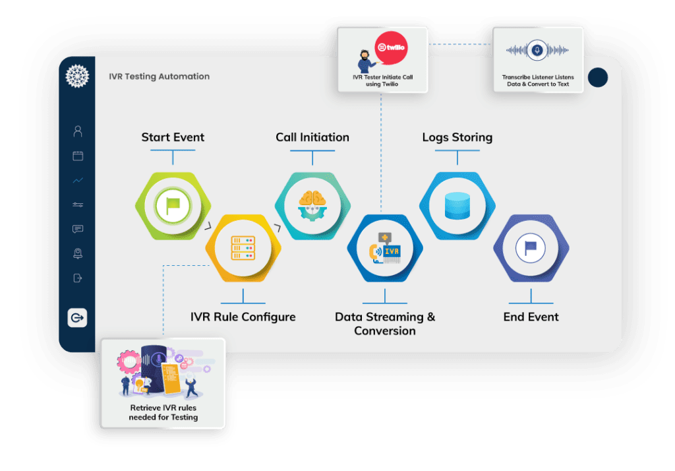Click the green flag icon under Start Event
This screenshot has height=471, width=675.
click(173, 206)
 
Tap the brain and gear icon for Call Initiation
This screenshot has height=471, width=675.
click(312, 206)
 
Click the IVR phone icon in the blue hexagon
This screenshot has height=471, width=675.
click(385, 249)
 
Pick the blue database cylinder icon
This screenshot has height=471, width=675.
click(457, 206)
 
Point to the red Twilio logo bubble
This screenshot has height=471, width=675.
click(390, 48)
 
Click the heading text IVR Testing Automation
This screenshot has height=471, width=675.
click(159, 77)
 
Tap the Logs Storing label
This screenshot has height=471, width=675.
click(457, 137)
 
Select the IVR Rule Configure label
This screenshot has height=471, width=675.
click(243, 317)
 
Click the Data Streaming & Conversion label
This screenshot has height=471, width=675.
click(385, 323)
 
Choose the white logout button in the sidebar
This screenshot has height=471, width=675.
click(77, 317)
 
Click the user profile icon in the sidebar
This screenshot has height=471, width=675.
click(78, 131)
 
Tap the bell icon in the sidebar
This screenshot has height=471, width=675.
click(78, 253)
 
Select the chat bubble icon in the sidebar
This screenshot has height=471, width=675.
click(78, 229)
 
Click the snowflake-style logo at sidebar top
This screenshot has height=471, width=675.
click(77, 76)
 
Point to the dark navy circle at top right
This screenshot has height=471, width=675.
click(597, 78)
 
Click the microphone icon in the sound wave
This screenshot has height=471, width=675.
click(537, 51)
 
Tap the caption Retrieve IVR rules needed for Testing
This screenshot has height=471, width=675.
click(163, 412)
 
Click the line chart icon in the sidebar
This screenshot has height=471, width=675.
click(78, 180)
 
